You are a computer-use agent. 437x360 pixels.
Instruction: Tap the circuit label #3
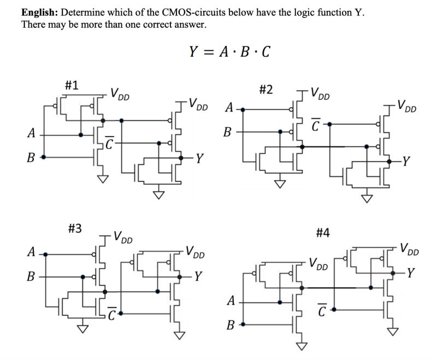[x=75, y=228]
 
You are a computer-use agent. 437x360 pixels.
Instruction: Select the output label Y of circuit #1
[x=200, y=160]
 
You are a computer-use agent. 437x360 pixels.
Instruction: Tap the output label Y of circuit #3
[x=200, y=275]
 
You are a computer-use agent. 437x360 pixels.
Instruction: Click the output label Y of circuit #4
[x=411, y=272]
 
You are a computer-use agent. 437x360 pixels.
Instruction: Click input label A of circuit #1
[x=32, y=133]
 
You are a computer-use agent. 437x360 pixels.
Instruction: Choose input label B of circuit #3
[x=32, y=276]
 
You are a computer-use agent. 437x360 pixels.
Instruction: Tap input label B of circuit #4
[x=232, y=326]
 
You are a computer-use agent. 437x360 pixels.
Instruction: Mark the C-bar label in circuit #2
[x=315, y=125]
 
